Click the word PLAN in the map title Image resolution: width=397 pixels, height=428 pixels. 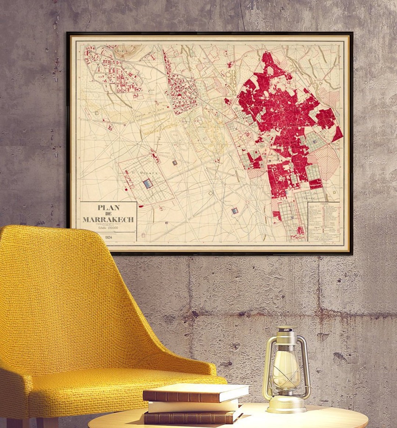tap(108, 208)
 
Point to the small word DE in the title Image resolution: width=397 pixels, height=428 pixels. tap(108, 214)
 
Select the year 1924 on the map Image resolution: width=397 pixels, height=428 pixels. tap(108, 237)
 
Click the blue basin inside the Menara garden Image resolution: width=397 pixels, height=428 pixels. tap(147, 184)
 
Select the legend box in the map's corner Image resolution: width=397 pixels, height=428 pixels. tap(323, 221)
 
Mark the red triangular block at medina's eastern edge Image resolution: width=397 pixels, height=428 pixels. tap(337, 134)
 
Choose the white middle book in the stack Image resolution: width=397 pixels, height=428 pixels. tap(193, 406)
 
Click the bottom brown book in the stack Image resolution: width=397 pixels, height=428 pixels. tap(191, 417)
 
